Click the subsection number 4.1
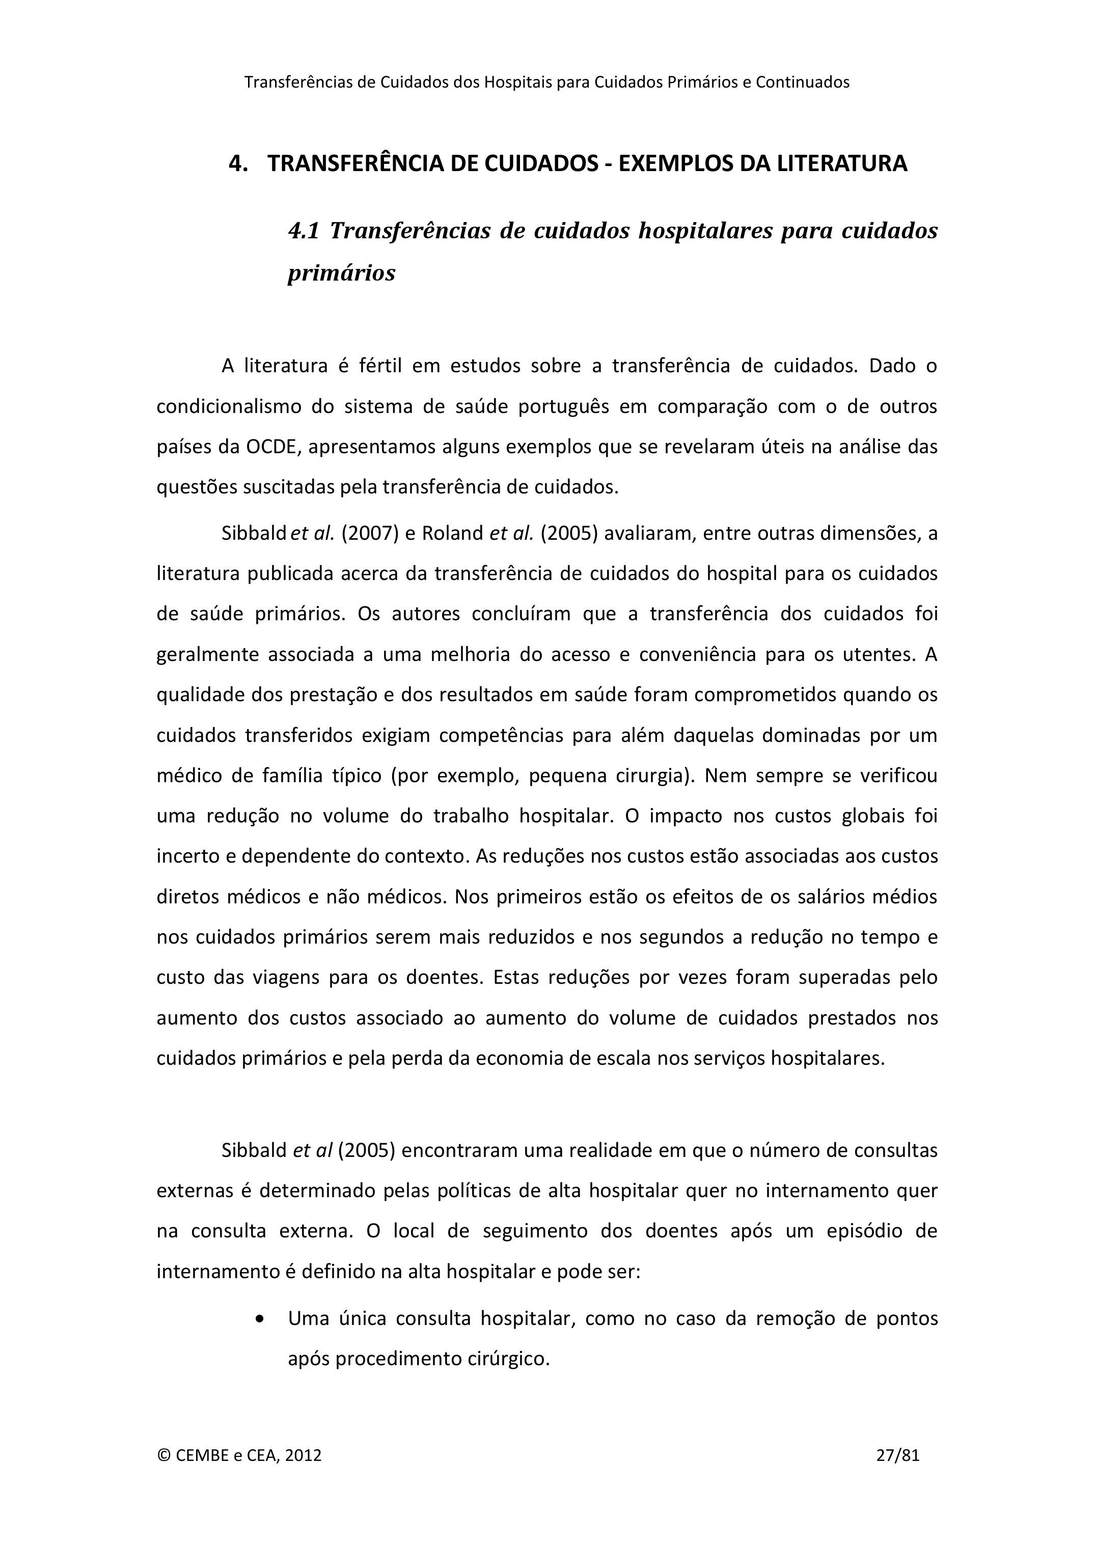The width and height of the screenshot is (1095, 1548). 304,231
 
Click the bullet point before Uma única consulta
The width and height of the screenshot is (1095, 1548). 260,1318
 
